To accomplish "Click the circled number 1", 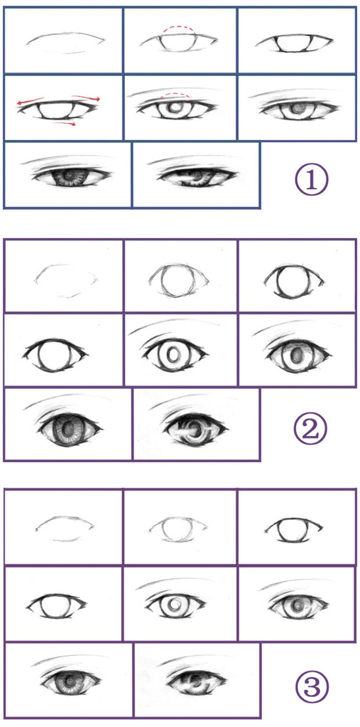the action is click(311, 179).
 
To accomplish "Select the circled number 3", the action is click(312, 687).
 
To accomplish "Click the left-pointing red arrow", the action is click(30, 101).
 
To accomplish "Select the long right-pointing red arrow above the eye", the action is click(86, 98).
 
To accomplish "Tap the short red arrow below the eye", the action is click(64, 123).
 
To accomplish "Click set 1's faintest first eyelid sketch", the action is click(66, 42).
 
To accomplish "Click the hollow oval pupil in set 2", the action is click(171, 354).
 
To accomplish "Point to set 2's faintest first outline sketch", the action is click(66, 280).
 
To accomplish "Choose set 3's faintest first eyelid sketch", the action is click(65, 528).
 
